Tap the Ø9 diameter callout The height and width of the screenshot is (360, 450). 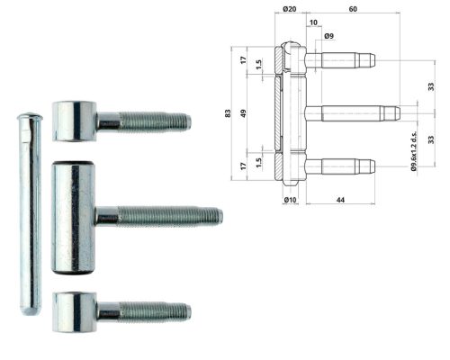tap(329, 35)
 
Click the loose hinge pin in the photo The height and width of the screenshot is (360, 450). tap(29, 216)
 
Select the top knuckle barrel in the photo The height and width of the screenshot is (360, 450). tap(75, 120)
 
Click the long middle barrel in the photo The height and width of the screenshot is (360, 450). tap(75, 216)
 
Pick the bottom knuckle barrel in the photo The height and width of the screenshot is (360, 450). tap(75, 310)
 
